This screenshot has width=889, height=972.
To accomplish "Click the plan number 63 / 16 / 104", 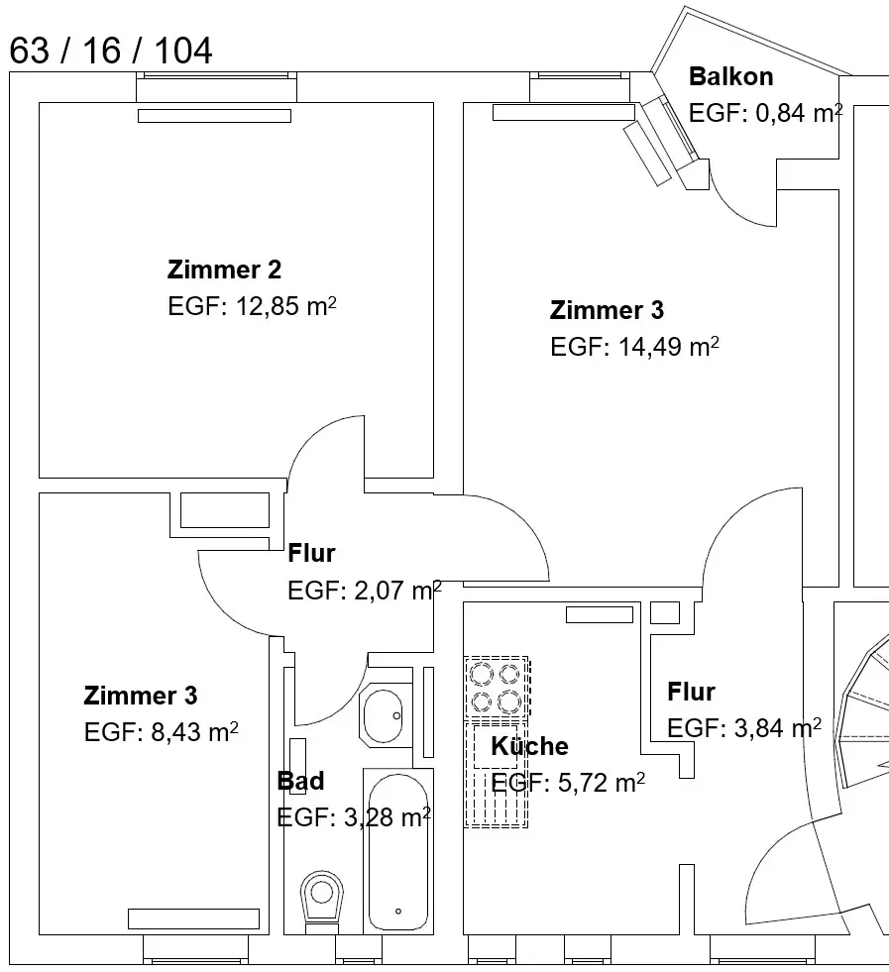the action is pyautogui.click(x=111, y=51).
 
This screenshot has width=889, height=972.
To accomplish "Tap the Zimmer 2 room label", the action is pyautogui.click(x=224, y=270).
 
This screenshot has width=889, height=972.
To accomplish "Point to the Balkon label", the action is pyautogui.click(x=730, y=77).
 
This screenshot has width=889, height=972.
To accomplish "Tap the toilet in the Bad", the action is pyautogui.click(x=320, y=898).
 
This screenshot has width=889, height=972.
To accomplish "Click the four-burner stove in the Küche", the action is pyautogui.click(x=496, y=689).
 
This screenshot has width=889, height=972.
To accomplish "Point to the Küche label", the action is pyautogui.click(x=530, y=746).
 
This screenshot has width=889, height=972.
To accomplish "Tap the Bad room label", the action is pyautogui.click(x=300, y=781).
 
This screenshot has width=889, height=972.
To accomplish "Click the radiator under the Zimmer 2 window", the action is pyautogui.click(x=214, y=116).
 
